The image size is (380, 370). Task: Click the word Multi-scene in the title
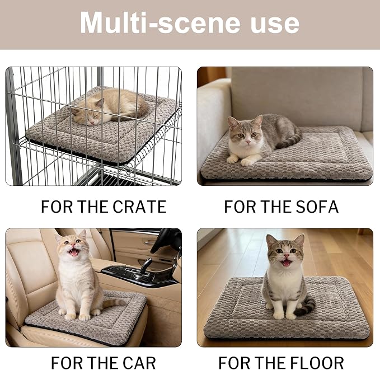(160, 23)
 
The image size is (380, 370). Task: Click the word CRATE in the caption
(139, 207)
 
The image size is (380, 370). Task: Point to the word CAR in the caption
(139, 363)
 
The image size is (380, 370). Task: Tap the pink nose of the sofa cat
(248, 142)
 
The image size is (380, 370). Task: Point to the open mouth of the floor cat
(287, 263)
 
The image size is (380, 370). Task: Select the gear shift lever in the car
(146, 266)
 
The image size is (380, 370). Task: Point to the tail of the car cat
(114, 303)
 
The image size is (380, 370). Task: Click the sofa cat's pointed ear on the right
(259, 120)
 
